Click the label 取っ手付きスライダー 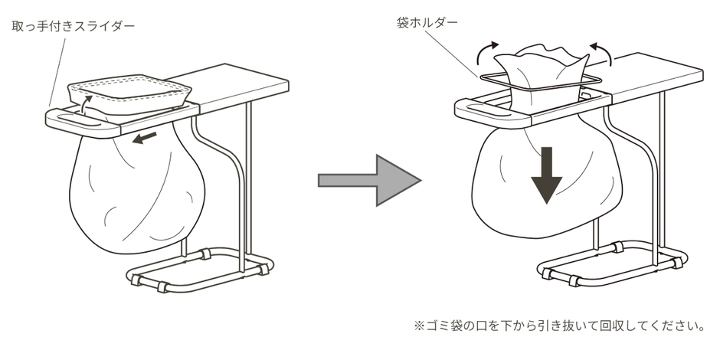point(74,26)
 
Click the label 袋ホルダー point(427,22)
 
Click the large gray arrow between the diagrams point(370,181)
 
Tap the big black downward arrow point(546,175)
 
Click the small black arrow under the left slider point(144,138)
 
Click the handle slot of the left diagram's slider point(77,121)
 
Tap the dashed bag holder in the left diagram point(129,93)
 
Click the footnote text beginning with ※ point(559,326)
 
